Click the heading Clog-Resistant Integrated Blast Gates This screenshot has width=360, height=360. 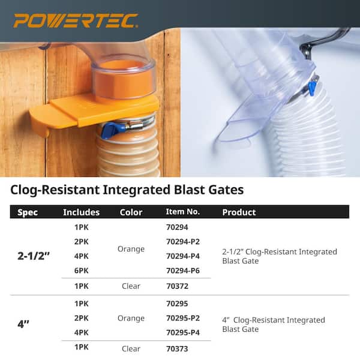[127, 190]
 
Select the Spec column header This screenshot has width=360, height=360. [28, 212]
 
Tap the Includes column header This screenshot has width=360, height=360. [81, 212]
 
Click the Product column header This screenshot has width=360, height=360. [239, 212]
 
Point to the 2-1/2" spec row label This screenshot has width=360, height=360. [34, 255]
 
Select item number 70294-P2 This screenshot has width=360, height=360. [182, 242]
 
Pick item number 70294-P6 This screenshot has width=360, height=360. [182, 271]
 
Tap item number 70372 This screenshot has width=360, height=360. [177, 287]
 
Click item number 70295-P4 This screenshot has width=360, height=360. [182, 332]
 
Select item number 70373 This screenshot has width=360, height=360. [177, 349]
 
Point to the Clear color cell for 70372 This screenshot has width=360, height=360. [131, 287]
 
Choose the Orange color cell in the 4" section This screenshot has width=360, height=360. [131, 318]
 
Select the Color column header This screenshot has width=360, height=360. [131, 212]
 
